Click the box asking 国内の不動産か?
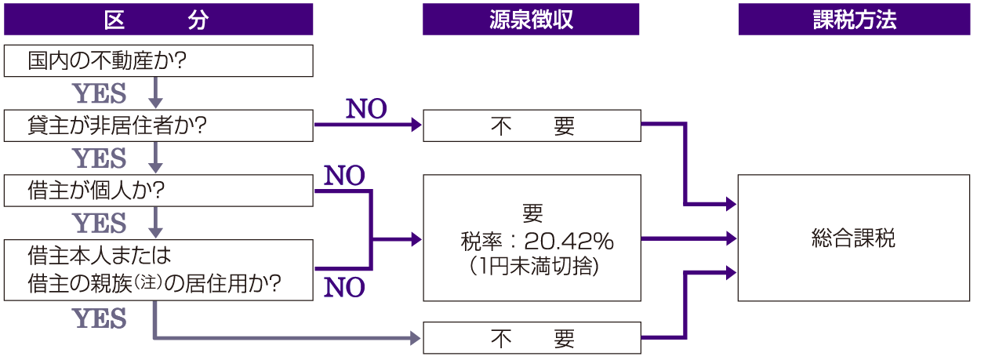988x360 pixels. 158,61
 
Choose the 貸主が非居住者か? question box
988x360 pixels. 158,126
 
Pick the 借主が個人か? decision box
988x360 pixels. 158,191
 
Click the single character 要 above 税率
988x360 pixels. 531,213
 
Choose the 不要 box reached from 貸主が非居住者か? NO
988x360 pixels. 531,126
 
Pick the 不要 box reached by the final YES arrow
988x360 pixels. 531,338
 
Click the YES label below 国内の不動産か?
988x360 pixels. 100,94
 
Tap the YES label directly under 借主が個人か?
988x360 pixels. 100,224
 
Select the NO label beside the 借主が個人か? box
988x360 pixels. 344,176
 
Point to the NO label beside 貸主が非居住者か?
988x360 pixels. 366,110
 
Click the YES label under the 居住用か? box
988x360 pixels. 100,318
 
